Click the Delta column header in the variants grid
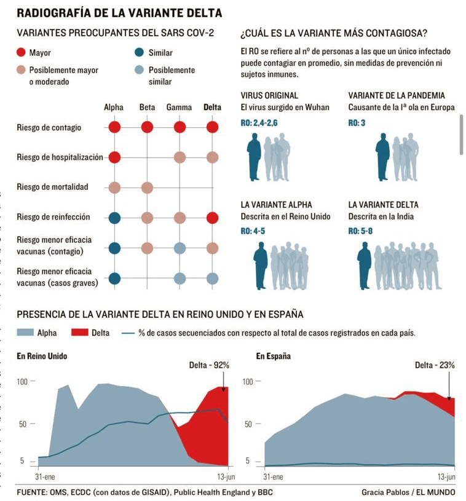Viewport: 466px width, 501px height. pyautogui.click(x=212, y=107)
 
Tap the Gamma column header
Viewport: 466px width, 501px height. pyautogui.click(x=179, y=107)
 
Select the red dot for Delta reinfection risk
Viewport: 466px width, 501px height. pyautogui.click(x=213, y=217)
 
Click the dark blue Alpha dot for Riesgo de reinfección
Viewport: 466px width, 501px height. pyautogui.click(x=114, y=217)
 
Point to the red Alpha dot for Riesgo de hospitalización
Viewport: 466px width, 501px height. pyautogui.click(x=114, y=157)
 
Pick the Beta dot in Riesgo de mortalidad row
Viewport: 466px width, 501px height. pyautogui.click(x=147, y=187)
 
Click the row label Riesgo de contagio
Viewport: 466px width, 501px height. pyautogui.click(x=49, y=128)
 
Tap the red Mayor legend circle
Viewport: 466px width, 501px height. pyautogui.click(x=22, y=53)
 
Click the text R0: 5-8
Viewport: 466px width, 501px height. pyautogui.click(x=361, y=231)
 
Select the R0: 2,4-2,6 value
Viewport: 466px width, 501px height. pyautogui.click(x=259, y=123)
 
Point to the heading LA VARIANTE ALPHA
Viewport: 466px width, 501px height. pyautogui.click(x=276, y=205)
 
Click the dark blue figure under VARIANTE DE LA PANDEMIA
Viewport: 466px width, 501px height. pyautogui.click(x=383, y=157)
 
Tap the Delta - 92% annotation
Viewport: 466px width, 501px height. pyautogui.click(x=209, y=365)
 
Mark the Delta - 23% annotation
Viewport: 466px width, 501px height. pyautogui.click(x=435, y=365)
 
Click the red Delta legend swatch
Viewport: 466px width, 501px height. pyautogui.click(x=80, y=333)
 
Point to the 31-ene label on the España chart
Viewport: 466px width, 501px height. pyautogui.click(x=274, y=476)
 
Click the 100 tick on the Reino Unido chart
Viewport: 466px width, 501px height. pyautogui.click(x=23, y=382)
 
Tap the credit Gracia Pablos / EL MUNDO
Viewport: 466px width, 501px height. pyautogui.click(x=408, y=492)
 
